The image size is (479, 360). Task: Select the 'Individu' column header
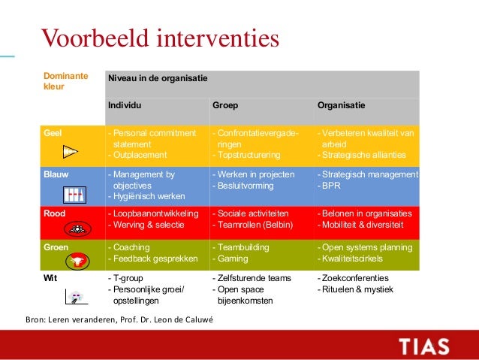click(125, 105)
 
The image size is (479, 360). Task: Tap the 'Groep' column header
click(225, 105)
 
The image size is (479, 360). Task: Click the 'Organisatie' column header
click(342, 105)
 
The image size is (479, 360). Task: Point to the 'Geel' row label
click(53, 133)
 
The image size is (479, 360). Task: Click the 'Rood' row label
click(55, 213)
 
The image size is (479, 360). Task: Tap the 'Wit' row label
click(50, 278)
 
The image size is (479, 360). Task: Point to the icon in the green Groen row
click(76, 261)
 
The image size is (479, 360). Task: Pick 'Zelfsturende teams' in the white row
click(252, 278)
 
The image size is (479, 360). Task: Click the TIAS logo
click(424, 346)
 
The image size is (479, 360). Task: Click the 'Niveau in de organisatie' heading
click(158, 78)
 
